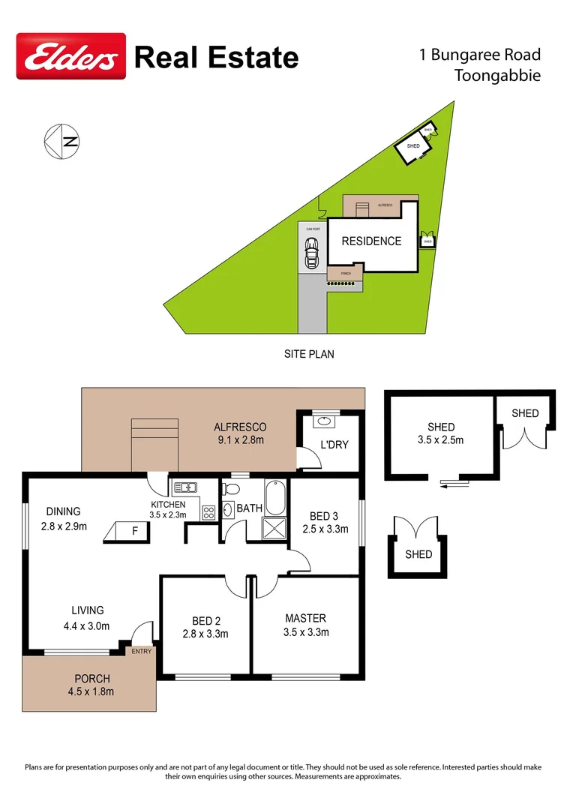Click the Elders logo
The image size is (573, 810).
click(x=71, y=55)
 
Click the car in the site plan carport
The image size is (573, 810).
click(x=310, y=253)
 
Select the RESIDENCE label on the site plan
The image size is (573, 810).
click(x=371, y=241)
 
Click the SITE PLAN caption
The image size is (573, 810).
click(x=309, y=354)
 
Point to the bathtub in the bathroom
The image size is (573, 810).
click(x=275, y=496)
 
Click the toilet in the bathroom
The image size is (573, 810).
click(x=230, y=490)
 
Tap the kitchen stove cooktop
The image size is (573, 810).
click(x=208, y=514)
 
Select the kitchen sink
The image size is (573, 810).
click(x=184, y=487)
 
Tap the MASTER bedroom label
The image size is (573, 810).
click(x=306, y=625)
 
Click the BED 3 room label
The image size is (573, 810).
click(x=325, y=523)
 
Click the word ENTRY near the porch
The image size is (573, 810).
click(x=141, y=651)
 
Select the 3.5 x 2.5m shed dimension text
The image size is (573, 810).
click(x=441, y=440)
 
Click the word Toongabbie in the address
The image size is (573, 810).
click(x=497, y=75)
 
